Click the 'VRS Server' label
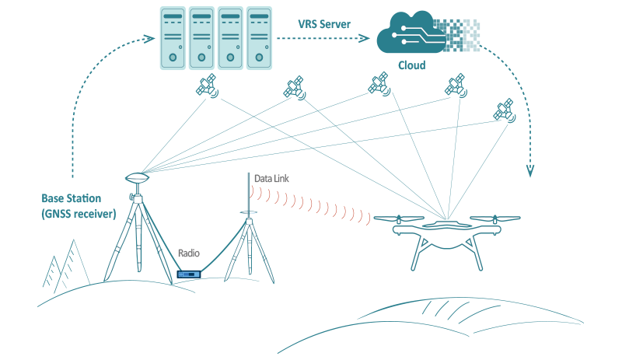coord(324,24)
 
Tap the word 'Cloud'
coord(411,65)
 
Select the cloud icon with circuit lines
coord(408,35)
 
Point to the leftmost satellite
coord(208,86)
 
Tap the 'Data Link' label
coord(271,179)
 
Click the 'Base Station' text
coord(72,199)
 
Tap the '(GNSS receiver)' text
coord(78,214)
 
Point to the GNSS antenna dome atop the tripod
coord(136,177)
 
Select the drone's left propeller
coord(402,218)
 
